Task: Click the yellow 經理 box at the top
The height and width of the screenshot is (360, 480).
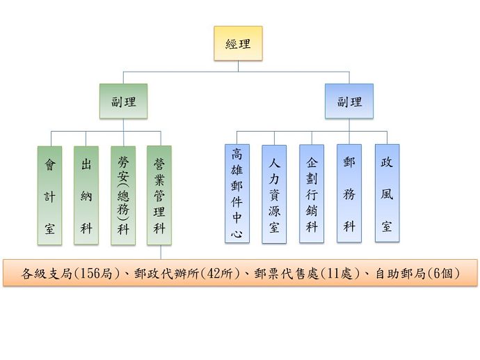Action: pyautogui.click(x=238, y=44)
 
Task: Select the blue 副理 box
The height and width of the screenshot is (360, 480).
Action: pyautogui.click(x=349, y=102)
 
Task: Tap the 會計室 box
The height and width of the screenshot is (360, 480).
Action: pyautogui.click(x=49, y=195)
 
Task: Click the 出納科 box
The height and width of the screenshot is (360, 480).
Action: pyautogui.click(x=86, y=195)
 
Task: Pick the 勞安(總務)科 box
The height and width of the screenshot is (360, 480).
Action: pyautogui.click(x=123, y=195)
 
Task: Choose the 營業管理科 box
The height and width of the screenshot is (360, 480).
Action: pyautogui.click(x=159, y=195)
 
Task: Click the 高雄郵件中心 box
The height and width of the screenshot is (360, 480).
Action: pyautogui.click(x=237, y=194)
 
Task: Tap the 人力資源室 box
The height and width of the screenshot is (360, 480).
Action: pyautogui.click(x=274, y=194)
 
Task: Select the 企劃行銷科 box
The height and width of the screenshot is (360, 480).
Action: pyautogui.click(x=312, y=194)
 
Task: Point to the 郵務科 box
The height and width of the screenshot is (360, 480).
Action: pyautogui.click(x=349, y=194)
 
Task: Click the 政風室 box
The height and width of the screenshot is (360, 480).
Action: pyautogui.click(x=386, y=194)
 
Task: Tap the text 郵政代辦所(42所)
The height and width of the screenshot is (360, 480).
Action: pyautogui.click(x=182, y=273)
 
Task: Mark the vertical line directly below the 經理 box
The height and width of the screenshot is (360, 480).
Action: pyautogui.click(x=238, y=65)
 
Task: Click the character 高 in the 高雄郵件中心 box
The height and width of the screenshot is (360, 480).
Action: pyautogui.click(x=237, y=155)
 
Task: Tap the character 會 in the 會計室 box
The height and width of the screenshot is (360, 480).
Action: pyautogui.click(x=49, y=165)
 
